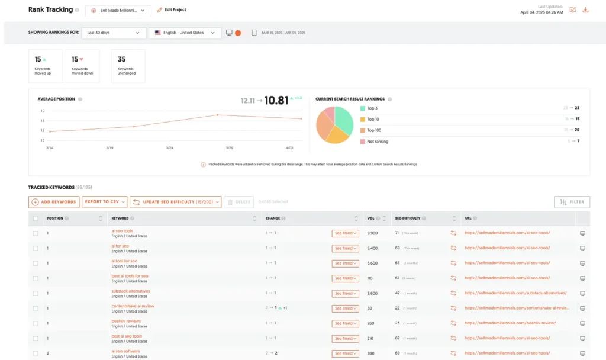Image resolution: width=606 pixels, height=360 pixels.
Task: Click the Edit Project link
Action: pos(171,10)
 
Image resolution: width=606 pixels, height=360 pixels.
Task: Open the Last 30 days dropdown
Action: pos(113,33)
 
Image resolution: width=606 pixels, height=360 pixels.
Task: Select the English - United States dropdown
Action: pos(185,33)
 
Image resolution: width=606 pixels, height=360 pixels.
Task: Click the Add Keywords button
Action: pos(54,202)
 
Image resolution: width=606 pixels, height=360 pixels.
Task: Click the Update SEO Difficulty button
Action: pos(176,202)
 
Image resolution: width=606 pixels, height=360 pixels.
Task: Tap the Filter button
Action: pos(572,202)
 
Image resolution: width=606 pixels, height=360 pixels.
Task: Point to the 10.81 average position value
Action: pos(276,101)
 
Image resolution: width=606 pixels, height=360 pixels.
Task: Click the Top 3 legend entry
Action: pos(372,108)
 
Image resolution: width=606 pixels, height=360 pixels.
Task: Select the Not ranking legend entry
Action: pos(377,142)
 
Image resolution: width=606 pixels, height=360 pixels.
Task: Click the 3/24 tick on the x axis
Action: pos(169,147)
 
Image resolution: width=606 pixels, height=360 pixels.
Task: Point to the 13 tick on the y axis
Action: pos(43,140)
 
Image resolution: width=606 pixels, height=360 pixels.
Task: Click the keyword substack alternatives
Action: pos(131,291)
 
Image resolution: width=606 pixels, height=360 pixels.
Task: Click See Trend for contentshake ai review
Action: pos(346,308)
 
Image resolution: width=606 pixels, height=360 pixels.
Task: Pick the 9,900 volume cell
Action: pos(372,233)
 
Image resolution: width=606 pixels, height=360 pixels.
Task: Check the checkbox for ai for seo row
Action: pos(36,248)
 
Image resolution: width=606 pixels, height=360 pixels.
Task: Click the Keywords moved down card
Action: pos(82,66)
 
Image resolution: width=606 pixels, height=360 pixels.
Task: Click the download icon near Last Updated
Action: pos(585,9)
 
